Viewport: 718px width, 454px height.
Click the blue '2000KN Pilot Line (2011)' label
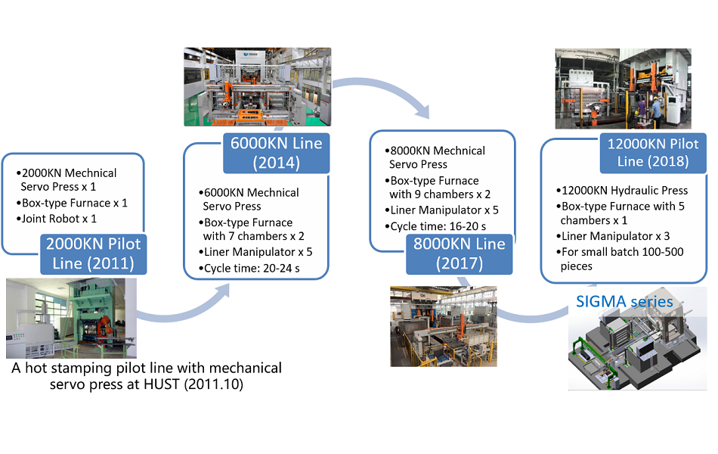point(94,253)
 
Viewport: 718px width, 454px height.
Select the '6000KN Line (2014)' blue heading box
point(276,153)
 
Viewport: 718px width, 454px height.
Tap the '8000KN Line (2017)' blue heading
point(460,253)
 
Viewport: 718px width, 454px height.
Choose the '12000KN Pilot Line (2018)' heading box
point(653,153)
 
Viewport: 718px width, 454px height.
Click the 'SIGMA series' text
point(624,302)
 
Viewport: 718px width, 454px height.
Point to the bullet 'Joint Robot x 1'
point(57,219)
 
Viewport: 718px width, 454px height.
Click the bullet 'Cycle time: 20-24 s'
point(249,269)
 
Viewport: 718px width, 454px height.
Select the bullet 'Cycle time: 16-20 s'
point(435,226)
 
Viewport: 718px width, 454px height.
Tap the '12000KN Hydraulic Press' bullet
point(622,191)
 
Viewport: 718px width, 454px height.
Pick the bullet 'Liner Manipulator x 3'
point(613,236)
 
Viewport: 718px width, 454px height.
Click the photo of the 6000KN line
point(257,87)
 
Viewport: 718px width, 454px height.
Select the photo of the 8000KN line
point(443,327)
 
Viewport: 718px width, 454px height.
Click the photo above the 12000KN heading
point(624,89)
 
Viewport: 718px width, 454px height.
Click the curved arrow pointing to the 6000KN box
point(183,311)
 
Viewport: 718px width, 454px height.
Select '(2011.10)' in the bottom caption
point(213,384)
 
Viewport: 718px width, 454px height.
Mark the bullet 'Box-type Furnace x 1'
point(72,203)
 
